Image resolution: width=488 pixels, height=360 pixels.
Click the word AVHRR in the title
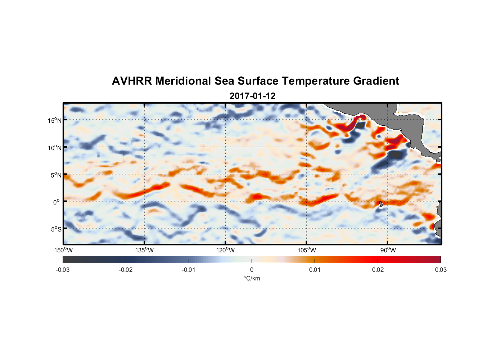pos(132,81)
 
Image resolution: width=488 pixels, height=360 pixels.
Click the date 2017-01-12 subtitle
pos(252,96)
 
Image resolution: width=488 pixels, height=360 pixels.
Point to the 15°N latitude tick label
pos(55,120)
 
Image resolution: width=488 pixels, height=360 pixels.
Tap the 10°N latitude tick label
pos(55,148)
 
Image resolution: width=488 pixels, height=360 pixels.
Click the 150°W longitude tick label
pos(63,250)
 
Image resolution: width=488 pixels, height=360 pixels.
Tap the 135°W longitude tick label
pos(144,250)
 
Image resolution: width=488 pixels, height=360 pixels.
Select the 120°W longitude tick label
pos(225,250)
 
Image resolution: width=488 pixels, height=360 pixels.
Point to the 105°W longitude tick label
pos(307,250)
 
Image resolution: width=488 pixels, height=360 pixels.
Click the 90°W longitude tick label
pos(388,250)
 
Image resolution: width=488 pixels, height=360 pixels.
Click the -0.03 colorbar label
pos(63,270)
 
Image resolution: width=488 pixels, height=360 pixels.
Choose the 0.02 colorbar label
pos(378,270)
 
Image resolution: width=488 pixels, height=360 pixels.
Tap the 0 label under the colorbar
pos(252,270)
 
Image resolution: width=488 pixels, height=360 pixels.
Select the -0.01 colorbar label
pos(189,270)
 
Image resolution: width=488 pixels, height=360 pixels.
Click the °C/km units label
pos(252,278)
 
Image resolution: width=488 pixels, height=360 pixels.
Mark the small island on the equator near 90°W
pos(381,204)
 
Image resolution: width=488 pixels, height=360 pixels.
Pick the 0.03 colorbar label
pos(440,270)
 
